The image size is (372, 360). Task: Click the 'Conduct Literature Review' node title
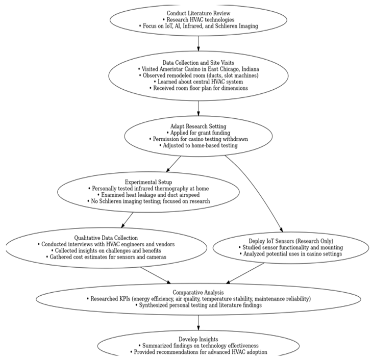[x=198, y=13]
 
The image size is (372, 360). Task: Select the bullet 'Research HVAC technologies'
[x=198, y=19]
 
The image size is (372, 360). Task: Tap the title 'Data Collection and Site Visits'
[x=198, y=62]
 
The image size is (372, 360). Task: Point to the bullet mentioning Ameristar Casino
[x=198, y=68]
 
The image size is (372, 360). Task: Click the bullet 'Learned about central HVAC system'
[x=198, y=82]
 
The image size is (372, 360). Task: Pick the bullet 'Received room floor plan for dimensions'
[x=198, y=88]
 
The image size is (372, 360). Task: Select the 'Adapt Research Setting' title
[x=198, y=125]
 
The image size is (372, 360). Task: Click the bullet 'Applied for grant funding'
[x=198, y=132]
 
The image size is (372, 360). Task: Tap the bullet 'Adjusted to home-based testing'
[x=198, y=145]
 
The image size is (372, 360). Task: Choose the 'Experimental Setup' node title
[x=148, y=182]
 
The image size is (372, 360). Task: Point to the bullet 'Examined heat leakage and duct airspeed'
[x=148, y=195]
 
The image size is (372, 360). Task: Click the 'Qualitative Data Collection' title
[x=106, y=238]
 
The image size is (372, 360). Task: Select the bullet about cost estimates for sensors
[x=106, y=257]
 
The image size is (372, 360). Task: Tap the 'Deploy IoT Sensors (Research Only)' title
[x=290, y=241]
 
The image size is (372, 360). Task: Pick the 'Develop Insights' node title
[x=198, y=339]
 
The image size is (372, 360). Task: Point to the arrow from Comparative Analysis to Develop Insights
[x=198, y=322]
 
